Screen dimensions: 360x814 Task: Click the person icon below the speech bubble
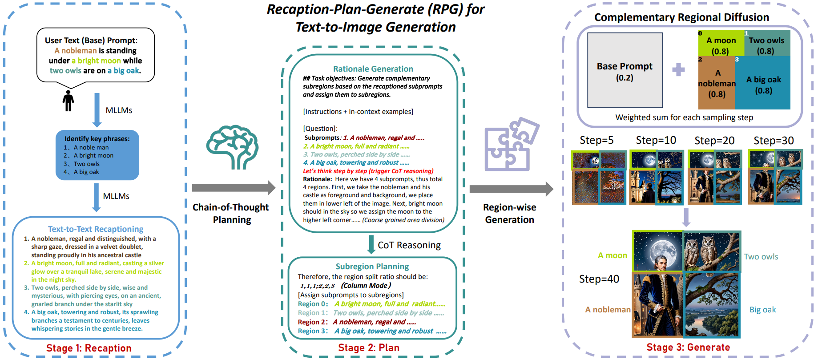(x=68, y=101)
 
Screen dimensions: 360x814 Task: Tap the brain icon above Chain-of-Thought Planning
(x=232, y=147)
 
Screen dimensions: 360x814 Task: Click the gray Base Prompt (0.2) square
(x=625, y=70)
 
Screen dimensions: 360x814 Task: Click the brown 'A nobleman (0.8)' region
(x=717, y=83)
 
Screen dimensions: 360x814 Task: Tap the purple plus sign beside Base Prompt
(x=678, y=69)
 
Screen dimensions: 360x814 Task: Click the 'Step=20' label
(x=714, y=141)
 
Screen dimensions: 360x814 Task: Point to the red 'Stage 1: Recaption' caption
(x=89, y=348)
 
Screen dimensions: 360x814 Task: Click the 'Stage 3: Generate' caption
(x=688, y=347)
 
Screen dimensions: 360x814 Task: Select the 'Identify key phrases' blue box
(x=97, y=155)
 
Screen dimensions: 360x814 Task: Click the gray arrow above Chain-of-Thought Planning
(x=234, y=187)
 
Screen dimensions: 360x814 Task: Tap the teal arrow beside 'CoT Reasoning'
(x=371, y=244)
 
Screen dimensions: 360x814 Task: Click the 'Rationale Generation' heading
(x=373, y=69)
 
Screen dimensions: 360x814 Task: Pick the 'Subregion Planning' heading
(x=372, y=266)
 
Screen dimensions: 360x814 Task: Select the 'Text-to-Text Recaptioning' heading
(x=96, y=229)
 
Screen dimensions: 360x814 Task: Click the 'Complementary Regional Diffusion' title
(x=681, y=17)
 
